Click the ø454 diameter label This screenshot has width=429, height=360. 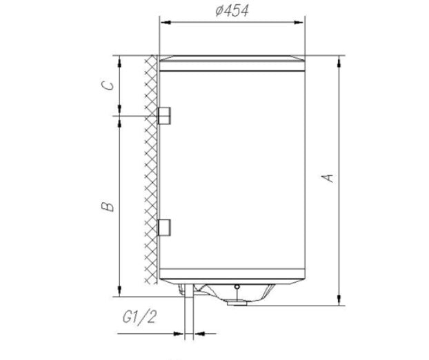[231, 10]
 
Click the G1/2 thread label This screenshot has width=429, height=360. [139, 317]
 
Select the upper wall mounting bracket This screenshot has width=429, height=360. [165, 115]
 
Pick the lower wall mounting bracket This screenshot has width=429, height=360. [165, 226]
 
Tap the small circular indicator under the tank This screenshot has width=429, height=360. [237, 287]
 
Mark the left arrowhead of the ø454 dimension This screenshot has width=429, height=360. [164, 22]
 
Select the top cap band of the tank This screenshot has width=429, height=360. [232, 63]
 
